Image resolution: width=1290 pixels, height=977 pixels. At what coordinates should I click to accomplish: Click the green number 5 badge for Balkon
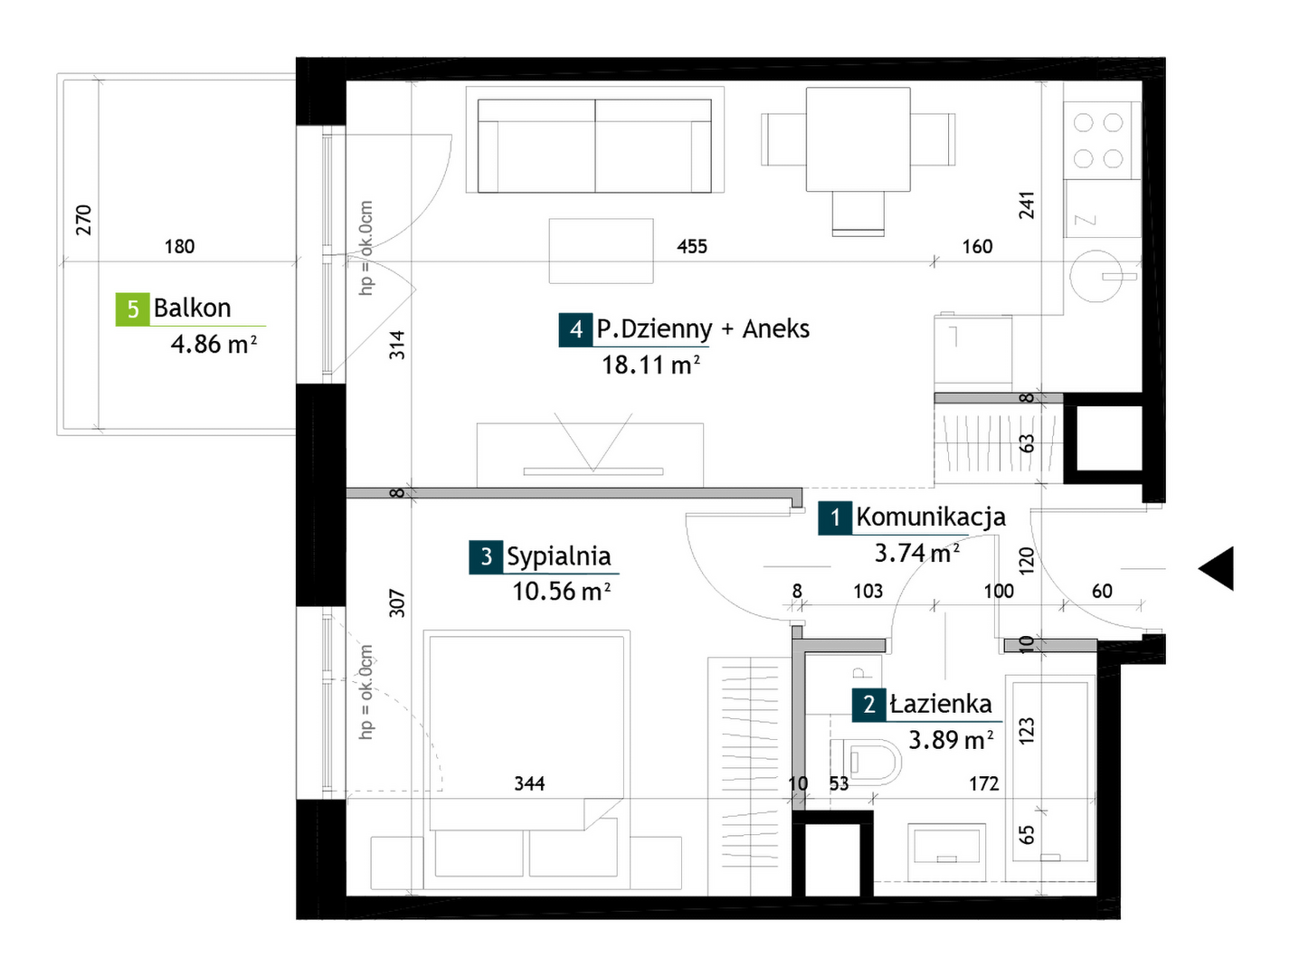(132, 308)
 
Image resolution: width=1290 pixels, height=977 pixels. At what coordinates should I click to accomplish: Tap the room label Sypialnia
(558, 555)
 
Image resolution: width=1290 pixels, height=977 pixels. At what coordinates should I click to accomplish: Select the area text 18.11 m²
(650, 365)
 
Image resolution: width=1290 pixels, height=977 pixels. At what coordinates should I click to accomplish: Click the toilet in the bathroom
(866, 762)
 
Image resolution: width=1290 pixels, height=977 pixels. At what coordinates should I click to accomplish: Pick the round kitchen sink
(1096, 276)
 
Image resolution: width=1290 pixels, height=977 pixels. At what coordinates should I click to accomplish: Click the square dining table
(858, 139)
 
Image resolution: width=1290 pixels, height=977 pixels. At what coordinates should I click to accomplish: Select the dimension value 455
(691, 246)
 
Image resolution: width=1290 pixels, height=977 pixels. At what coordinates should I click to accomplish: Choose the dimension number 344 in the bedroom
(529, 783)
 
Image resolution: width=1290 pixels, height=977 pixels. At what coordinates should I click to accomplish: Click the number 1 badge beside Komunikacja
(835, 517)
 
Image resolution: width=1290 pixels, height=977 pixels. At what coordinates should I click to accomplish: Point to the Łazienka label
(940, 703)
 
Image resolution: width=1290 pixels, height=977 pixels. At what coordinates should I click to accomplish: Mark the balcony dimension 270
(84, 220)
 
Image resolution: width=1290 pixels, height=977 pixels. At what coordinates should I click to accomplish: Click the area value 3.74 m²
(916, 553)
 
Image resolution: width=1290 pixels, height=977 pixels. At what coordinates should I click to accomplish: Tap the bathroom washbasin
(946, 852)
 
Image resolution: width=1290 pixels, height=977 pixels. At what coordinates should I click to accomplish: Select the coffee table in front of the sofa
(601, 251)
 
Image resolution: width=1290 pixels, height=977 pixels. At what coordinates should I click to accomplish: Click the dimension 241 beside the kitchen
(1026, 205)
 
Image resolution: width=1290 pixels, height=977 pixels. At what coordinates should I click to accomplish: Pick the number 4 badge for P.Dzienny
(575, 329)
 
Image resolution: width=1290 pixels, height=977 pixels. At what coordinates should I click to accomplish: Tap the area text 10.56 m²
(561, 591)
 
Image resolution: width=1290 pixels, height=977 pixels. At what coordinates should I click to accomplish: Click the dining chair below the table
(858, 214)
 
